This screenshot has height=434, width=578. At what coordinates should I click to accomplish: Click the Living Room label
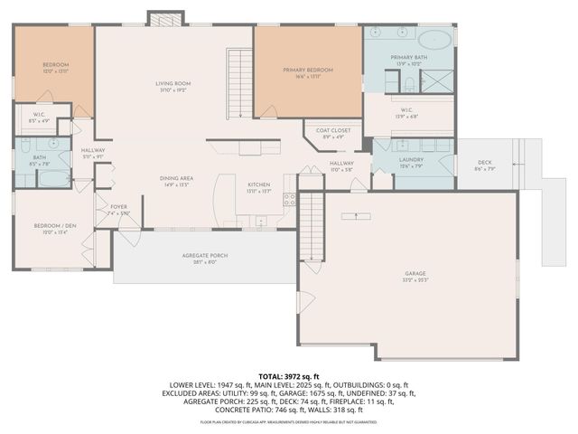coord(172,83)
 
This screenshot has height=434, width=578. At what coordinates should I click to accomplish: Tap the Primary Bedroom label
coord(307,70)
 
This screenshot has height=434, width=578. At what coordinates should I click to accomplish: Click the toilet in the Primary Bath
coord(408,85)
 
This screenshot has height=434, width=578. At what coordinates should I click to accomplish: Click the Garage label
coord(416,272)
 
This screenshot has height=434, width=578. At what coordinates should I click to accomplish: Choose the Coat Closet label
coord(332,130)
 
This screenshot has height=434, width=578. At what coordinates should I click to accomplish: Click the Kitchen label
coord(259,184)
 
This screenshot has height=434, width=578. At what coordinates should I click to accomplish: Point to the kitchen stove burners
coord(290,200)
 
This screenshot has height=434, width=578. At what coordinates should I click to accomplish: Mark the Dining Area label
coord(176,178)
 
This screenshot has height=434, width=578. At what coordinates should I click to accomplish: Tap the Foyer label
coord(119,207)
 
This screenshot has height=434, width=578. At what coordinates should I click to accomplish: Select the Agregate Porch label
coord(204,256)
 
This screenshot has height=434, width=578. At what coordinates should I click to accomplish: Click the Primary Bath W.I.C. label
coord(408,110)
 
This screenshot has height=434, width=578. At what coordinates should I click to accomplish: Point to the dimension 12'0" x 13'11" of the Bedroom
coord(56,71)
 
